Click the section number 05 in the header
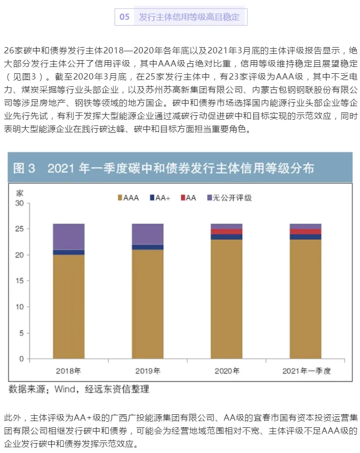tap(125, 17)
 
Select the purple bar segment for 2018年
tap(69, 236)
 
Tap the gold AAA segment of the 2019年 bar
tap(148, 303)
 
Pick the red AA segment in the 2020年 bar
tap(227, 231)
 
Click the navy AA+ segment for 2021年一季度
tap(306, 237)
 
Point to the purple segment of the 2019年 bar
tap(148, 234)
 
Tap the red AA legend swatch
tap(183, 198)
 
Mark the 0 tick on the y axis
tap(21, 359)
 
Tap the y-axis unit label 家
tap(20, 192)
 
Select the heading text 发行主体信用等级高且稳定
tap(189, 17)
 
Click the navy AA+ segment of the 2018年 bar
tap(69, 252)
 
